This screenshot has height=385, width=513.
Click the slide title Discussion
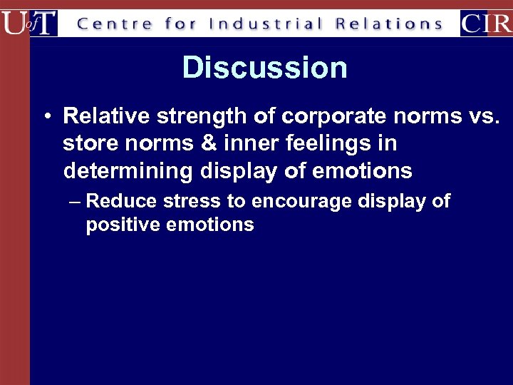point(264,68)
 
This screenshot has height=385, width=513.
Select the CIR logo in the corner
point(486,23)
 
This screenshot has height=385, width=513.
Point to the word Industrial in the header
point(266,24)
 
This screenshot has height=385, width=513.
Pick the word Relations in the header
point(389,24)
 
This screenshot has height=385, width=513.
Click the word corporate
point(320,115)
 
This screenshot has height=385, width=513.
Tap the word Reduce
point(121,201)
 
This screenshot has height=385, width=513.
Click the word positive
point(124,225)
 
